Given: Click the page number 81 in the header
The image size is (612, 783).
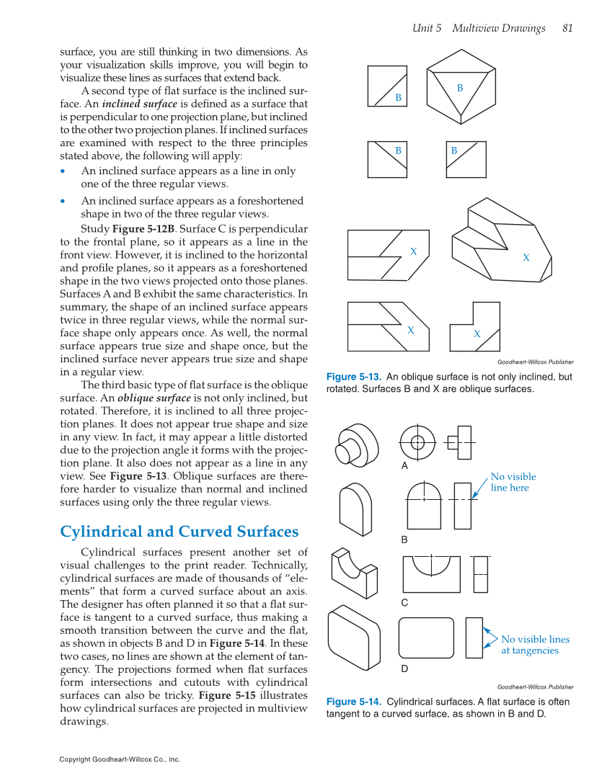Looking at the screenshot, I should point(567,29).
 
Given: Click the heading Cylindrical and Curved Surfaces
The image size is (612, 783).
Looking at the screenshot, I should point(179,532).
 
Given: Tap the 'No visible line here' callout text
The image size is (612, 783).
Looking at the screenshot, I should point(513,482).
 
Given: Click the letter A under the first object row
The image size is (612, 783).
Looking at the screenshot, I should point(404,466).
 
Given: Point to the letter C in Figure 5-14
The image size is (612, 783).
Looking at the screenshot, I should point(404,602).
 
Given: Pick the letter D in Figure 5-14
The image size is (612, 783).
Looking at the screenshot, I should point(404,668).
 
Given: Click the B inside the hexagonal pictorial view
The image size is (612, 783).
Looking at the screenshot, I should point(459,88).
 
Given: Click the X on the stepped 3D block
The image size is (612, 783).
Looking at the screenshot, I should point(526,257).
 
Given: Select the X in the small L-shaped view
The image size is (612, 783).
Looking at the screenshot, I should point(477,334).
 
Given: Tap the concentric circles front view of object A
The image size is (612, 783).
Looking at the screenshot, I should point(418,441).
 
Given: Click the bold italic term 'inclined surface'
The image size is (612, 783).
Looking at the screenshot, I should point(143,104).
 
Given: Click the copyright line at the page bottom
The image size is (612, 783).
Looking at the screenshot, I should point(120,759).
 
